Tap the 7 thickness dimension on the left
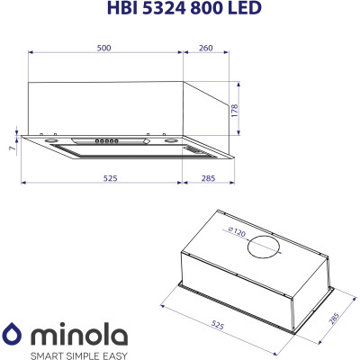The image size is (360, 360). coord(11,146)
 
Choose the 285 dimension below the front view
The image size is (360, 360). coord(209,179)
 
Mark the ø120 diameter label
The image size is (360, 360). coord(236,233)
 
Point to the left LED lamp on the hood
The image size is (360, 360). coord(53,140)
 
